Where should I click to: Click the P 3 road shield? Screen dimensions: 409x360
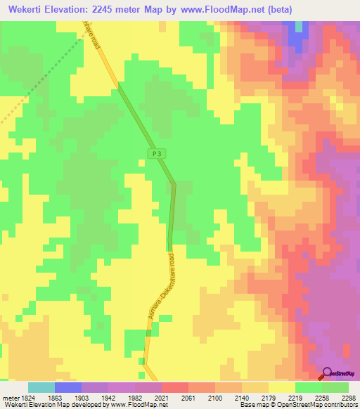pyautogui.click(x=156, y=153)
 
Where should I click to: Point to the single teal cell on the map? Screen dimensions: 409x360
pyautogui.click(x=301, y=27)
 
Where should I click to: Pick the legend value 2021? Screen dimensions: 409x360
pyautogui.click(x=162, y=397)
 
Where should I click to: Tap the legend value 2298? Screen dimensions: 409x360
pyautogui.click(x=349, y=397)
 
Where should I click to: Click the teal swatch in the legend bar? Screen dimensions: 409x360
pyautogui.click(x=41, y=387)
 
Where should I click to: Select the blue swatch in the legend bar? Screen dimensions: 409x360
pyautogui.click(x=68, y=387)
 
